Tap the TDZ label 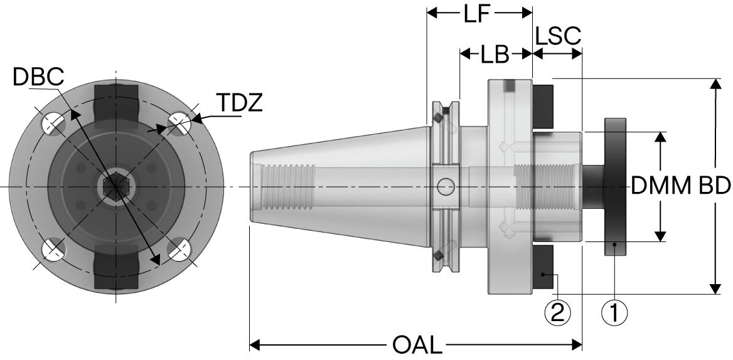pyautogui.click(x=240, y=103)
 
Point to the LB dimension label pyautogui.click(x=496, y=55)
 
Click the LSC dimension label pyautogui.click(x=558, y=37)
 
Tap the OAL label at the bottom pyautogui.click(x=418, y=344)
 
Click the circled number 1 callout pyautogui.click(x=615, y=311)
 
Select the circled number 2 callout pyautogui.click(x=558, y=311)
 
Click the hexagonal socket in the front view pyautogui.click(x=114, y=186)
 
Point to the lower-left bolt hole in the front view pyautogui.click(x=53, y=250)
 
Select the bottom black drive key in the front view pyautogui.click(x=115, y=270)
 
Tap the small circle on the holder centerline pyautogui.click(x=446, y=186)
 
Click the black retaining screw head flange pyautogui.click(x=615, y=186)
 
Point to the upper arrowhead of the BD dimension pyautogui.click(x=714, y=84)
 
